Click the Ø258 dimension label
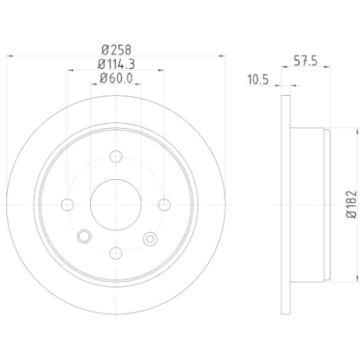click(117, 50)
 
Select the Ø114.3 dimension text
click(117, 64)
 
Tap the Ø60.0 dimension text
click(117, 78)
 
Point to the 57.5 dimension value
click(305, 61)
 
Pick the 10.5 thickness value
click(258, 79)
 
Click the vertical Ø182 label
click(351, 204)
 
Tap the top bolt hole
click(116, 156)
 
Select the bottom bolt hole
click(116, 253)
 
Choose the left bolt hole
click(68, 204)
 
